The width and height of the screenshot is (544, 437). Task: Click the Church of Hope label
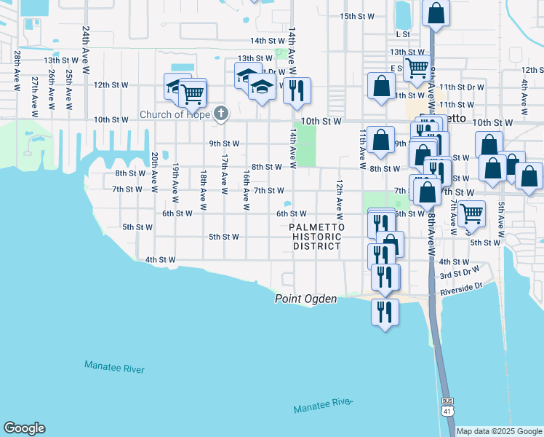click(x=174, y=114)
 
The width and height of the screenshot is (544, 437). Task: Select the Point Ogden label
click(x=305, y=299)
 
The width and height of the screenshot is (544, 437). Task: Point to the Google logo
click(x=24, y=428)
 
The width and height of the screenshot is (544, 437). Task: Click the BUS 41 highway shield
click(x=447, y=406)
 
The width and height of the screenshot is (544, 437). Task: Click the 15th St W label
click(x=356, y=16)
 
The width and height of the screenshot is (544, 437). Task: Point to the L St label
click(x=404, y=34)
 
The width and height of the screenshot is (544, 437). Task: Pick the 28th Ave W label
click(x=16, y=71)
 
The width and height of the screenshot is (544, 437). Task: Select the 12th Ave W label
click(x=339, y=200)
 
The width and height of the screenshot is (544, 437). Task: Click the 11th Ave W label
click(x=362, y=148)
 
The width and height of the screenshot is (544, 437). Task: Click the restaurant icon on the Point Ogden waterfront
click(x=385, y=311)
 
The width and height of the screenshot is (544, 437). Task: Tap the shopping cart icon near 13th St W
click(x=417, y=68)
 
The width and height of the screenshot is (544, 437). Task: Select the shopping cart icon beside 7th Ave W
click(x=472, y=213)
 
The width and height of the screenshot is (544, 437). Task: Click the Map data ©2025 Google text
click(x=500, y=431)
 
